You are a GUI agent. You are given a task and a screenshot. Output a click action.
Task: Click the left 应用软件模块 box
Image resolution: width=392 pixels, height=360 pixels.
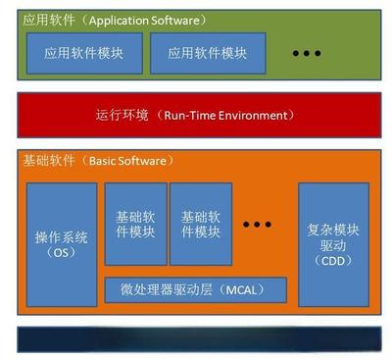point(82,54)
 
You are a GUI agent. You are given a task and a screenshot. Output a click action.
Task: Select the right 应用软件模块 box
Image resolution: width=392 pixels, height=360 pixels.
point(208,54)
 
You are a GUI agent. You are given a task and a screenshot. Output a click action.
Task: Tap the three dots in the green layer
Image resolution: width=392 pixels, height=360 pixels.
point(308,52)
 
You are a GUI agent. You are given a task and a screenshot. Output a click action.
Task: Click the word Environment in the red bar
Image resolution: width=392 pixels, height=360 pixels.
point(258,116)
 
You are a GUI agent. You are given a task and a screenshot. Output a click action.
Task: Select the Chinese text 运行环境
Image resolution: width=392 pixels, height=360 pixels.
point(123,116)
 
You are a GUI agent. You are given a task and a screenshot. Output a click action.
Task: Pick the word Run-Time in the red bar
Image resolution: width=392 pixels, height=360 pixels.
point(189,116)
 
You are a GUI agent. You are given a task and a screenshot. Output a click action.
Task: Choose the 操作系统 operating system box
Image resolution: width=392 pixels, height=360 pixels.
point(62,244)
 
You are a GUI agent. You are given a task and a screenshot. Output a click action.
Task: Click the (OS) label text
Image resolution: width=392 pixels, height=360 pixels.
point(62,253)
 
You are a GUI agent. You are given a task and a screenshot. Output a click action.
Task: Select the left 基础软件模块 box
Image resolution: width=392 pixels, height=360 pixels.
point(135,224)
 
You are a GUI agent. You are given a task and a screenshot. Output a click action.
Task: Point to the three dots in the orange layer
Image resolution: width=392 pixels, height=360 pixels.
point(257,225)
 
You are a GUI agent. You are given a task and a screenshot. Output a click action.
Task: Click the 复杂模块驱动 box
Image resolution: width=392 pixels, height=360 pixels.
point(334,244)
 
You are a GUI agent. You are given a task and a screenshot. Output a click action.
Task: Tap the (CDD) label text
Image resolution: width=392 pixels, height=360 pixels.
point(334,261)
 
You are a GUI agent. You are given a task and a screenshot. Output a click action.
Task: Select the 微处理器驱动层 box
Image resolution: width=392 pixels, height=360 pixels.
point(197,290)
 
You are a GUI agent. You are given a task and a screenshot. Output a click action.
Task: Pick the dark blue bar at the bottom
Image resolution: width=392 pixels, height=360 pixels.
point(196,338)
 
